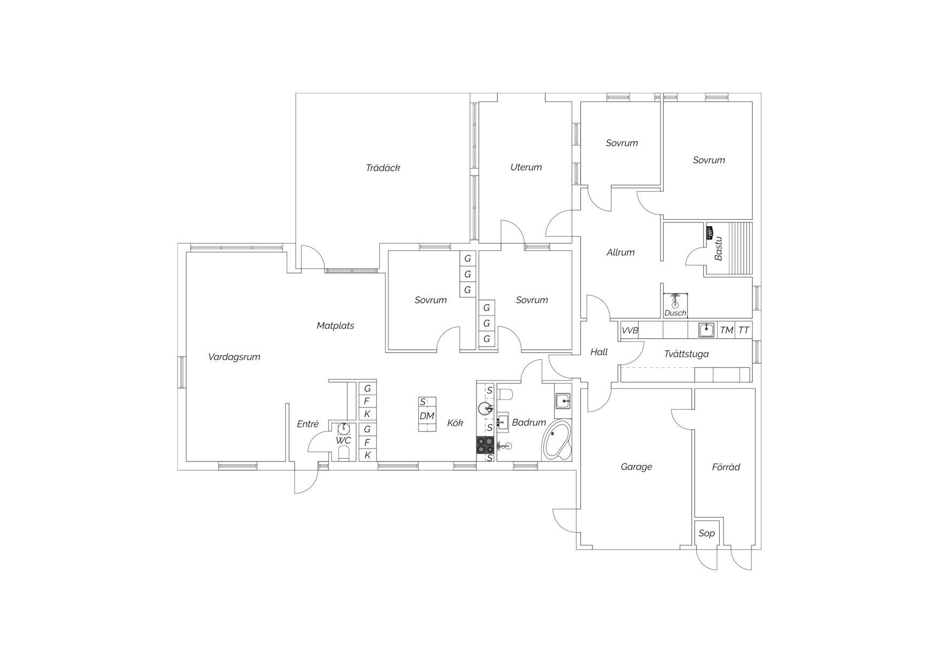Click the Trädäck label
(x=383, y=168)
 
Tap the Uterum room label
(x=526, y=167)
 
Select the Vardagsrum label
(x=234, y=357)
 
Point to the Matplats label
(x=335, y=326)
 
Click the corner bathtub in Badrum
(x=557, y=441)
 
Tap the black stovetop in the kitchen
(x=486, y=445)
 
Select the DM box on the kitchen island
(x=427, y=416)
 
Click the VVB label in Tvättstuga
(x=630, y=330)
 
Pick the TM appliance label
(x=726, y=330)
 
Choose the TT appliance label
(x=744, y=330)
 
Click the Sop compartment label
(x=706, y=534)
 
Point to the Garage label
(x=636, y=467)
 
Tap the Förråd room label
(x=726, y=467)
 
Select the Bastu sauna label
(x=719, y=249)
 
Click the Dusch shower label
(x=675, y=313)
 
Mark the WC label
(x=343, y=441)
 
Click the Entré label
(x=307, y=424)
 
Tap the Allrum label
(x=620, y=252)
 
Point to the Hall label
(x=599, y=352)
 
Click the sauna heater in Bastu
(x=710, y=233)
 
